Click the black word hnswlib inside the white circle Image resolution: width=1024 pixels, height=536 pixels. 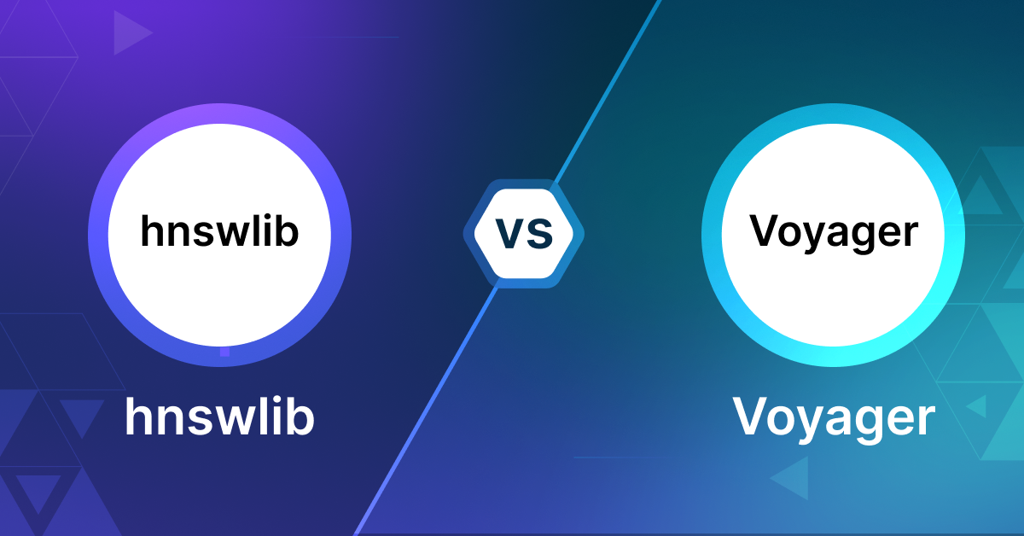tap(219, 231)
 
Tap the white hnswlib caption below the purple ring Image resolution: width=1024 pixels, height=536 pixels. tap(219, 417)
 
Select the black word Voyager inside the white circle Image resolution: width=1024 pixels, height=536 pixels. tap(834, 232)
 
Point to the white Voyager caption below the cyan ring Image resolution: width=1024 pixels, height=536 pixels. tap(834, 419)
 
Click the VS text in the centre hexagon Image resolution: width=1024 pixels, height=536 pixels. tap(524, 234)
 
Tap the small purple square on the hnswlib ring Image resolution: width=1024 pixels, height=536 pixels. tap(224, 352)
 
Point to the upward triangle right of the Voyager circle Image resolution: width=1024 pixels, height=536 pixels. tap(980, 195)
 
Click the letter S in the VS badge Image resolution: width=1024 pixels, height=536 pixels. tap(540, 234)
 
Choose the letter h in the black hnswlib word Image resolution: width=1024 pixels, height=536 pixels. tap(152, 231)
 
